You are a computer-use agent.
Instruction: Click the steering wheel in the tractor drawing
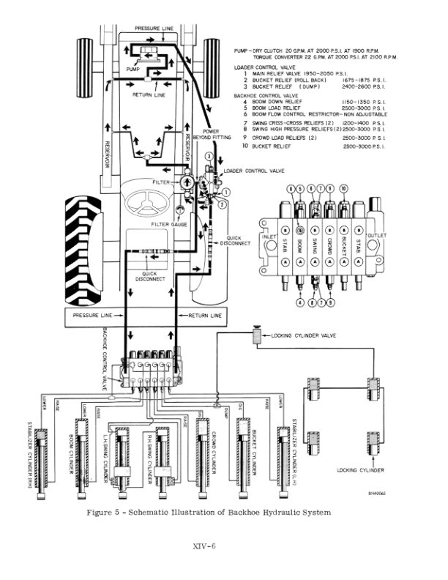click(x=152, y=197)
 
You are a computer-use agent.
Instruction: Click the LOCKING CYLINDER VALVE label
click(x=303, y=335)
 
